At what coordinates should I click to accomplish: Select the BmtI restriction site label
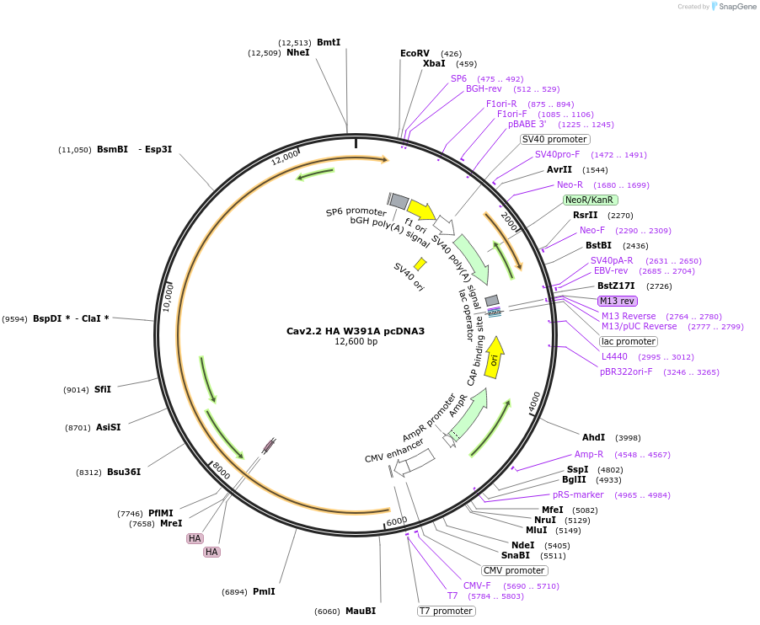click(329, 42)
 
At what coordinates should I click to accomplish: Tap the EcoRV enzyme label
click(415, 53)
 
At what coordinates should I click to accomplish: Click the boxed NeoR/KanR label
click(590, 200)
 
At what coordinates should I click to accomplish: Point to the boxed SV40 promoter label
click(554, 139)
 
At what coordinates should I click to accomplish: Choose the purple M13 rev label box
click(618, 301)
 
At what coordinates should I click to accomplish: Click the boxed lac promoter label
click(628, 341)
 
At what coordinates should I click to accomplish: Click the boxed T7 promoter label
click(447, 611)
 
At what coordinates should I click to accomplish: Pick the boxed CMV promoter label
click(514, 570)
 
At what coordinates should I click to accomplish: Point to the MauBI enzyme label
click(360, 611)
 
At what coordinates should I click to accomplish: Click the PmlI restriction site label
click(264, 591)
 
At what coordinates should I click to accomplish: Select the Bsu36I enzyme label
click(123, 472)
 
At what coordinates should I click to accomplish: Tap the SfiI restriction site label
click(103, 389)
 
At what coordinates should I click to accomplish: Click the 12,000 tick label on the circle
click(285, 158)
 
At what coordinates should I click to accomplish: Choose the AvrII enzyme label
click(559, 169)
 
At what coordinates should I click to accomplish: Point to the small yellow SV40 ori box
click(420, 264)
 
